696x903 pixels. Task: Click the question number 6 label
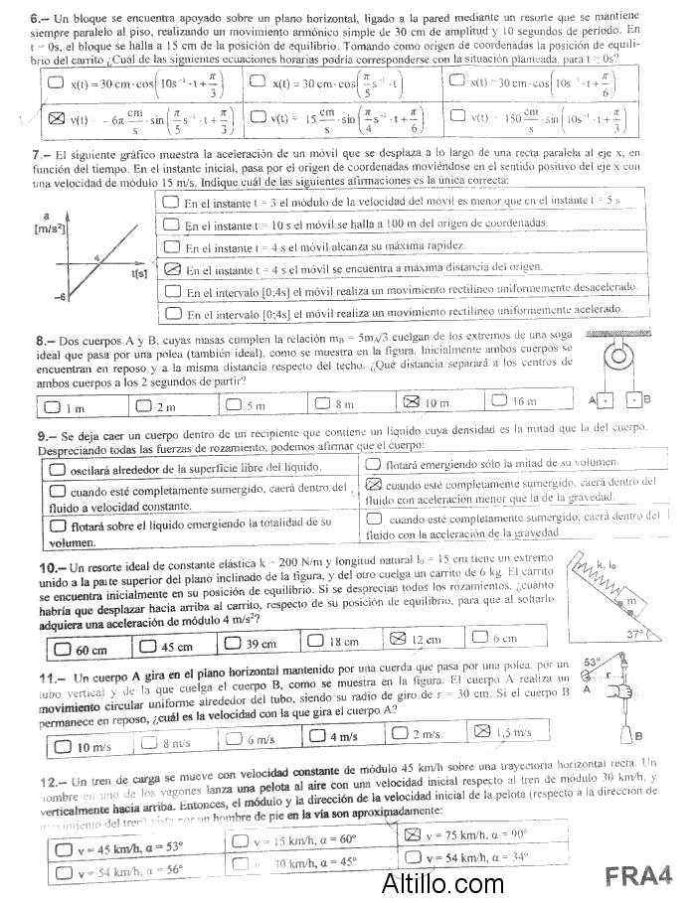pyautogui.click(x=38, y=18)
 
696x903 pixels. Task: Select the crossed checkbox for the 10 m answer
pyautogui.click(x=408, y=401)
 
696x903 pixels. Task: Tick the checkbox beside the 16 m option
pyautogui.click(x=498, y=401)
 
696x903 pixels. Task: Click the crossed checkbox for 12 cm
pyautogui.click(x=397, y=638)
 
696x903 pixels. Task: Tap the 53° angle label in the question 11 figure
pyautogui.click(x=594, y=663)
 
